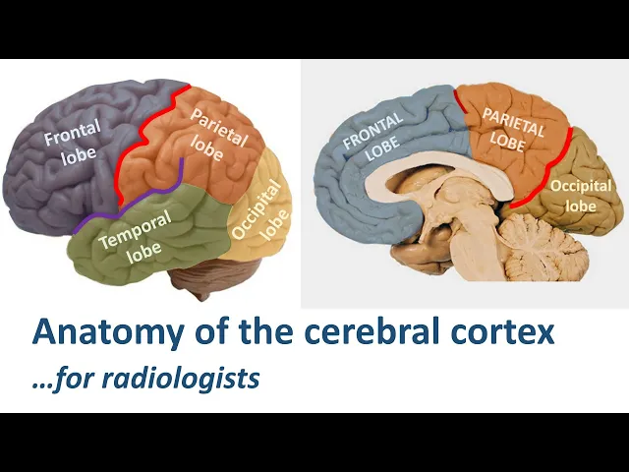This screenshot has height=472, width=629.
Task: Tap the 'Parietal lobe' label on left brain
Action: tap(219, 132)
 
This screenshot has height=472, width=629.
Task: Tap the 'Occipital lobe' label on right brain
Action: tap(581, 195)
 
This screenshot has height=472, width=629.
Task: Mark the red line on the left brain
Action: tap(147, 133)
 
